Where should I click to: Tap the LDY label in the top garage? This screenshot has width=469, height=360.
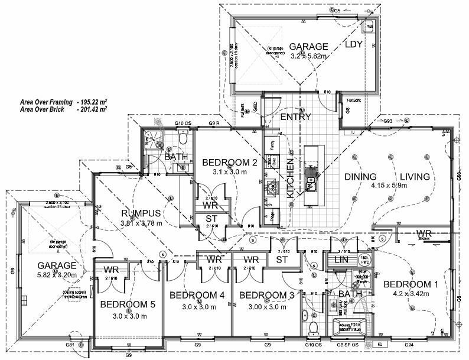353,44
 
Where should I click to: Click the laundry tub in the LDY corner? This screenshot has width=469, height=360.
370,27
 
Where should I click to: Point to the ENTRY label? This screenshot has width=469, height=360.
295,117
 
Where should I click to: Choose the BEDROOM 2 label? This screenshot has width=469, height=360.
229,163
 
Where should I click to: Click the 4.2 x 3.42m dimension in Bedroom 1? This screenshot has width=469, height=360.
410,294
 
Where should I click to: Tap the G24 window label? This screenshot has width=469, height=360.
409,343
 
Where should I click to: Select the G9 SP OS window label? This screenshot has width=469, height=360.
348,343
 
